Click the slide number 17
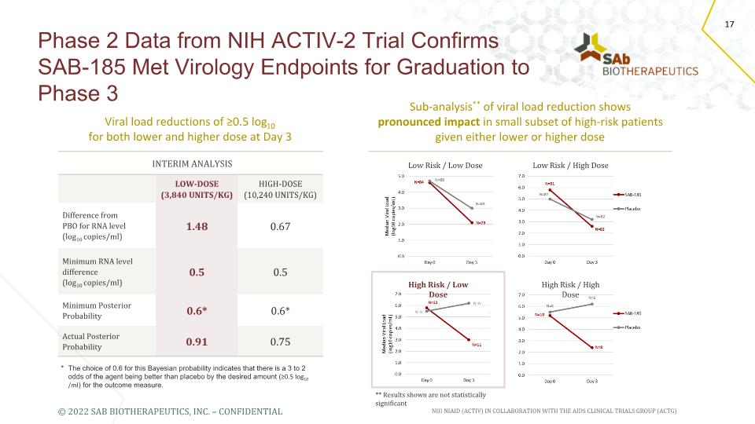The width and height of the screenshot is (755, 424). point(729,25)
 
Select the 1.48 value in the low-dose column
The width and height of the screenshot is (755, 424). point(197,226)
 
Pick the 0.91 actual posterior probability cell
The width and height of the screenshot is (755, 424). point(197,342)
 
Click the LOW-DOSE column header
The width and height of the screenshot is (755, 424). point(197,188)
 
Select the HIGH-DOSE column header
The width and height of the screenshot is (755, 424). point(281,188)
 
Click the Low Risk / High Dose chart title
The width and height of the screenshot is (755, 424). point(570,166)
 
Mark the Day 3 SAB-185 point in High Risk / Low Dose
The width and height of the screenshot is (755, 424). point(469,339)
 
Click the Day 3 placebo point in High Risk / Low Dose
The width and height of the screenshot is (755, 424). point(469,303)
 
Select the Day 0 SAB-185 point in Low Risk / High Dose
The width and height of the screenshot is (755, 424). point(550,189)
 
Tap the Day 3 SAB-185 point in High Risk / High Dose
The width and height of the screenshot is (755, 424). point(591,348)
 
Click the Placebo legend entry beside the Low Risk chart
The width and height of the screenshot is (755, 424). point(634,209)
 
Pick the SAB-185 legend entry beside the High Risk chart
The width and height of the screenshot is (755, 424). point(634,312)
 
